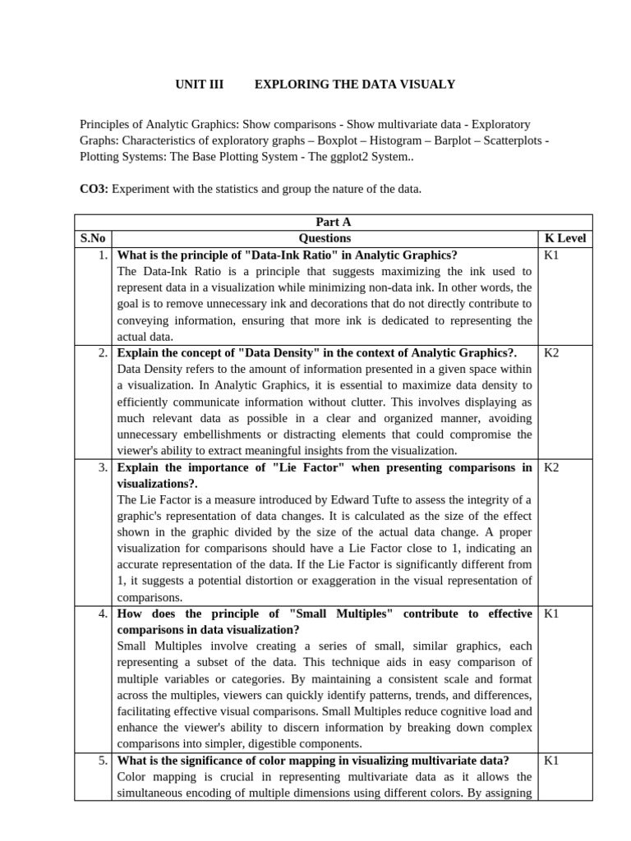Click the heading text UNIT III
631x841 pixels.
click(x=200, y=85)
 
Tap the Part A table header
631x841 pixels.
click(x=334, y=222)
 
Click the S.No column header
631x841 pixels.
click(x=93, y=238)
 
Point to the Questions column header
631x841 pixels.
click(x=325, y=238)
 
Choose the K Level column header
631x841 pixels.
click(x=566, y=238)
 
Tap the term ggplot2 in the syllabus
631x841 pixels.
click(x=329, y=157)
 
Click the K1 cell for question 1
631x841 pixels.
click(x=551, y=255)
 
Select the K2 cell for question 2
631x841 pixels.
click(x=551, y=352)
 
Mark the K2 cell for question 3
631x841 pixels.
click(x=551, y=467)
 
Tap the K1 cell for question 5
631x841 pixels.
click(x=551, y=761)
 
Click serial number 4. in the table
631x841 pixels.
click(x=102, y=614)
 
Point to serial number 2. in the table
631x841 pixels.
click(x=102, y=352)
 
